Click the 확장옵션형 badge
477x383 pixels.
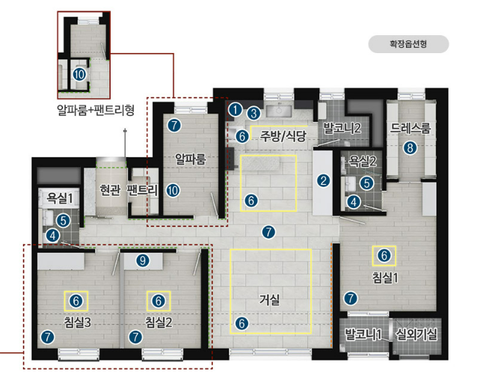click(x=408, y=44)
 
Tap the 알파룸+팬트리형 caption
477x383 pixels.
click(x=96, y=110)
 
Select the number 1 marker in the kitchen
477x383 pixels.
click(x=236, y=110)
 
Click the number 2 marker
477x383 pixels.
click(x=323, y=181)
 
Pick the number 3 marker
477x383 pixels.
click(x=253, y=114)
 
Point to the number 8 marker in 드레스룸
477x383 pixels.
click(x=410, y=148)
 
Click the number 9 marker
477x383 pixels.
click(x=143, y=260)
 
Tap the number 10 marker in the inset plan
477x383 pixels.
click(x=79, y=74)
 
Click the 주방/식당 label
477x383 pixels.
click(x=283, y=136)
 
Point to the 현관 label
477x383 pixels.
click(x=110, y=190)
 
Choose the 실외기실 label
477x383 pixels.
click(x=416, y=334)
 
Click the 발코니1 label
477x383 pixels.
click(x=363, y=334)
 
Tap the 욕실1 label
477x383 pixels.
click(x=60, y=198)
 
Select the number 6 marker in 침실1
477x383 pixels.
click(x=384, y=255)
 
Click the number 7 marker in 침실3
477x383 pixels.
click(x=47, y=337)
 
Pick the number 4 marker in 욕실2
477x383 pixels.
click(x=354, y=202)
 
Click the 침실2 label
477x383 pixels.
click(x=159, y=322)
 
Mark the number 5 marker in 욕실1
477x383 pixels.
click(x=64, y=221)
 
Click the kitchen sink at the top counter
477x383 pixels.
click(x=279, y=111)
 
